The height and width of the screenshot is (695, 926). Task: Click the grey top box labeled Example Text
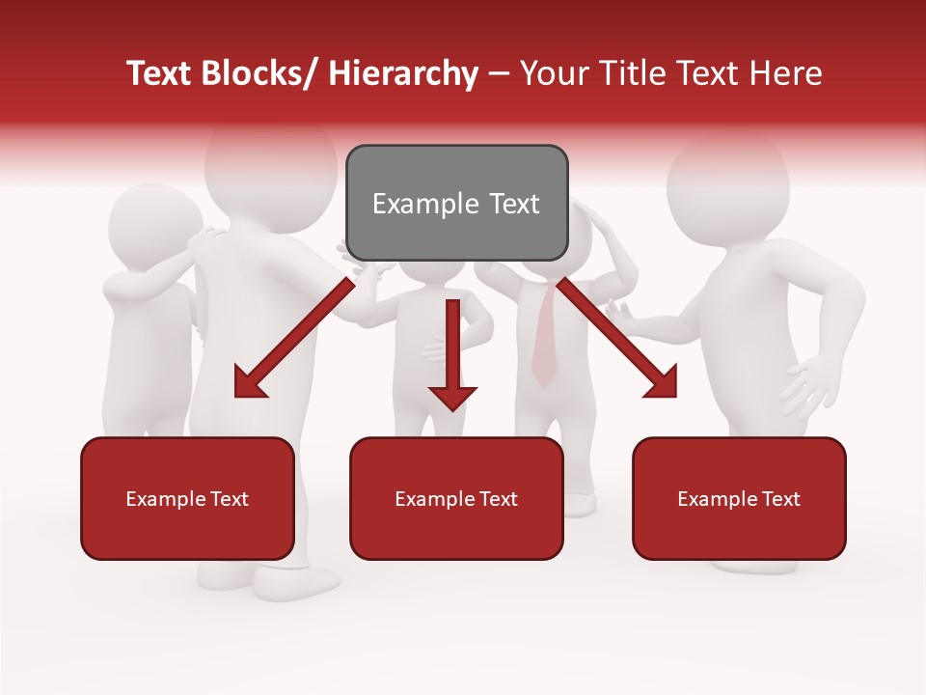[456, 203]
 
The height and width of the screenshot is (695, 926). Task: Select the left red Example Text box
[187, 498]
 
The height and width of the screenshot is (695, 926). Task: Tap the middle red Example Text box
[456, 498]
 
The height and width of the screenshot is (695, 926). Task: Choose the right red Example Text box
[739, 498]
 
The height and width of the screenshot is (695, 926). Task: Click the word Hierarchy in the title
[403, 73]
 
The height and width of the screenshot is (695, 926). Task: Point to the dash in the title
[499, 73]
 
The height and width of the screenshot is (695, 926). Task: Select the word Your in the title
[554, 73]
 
